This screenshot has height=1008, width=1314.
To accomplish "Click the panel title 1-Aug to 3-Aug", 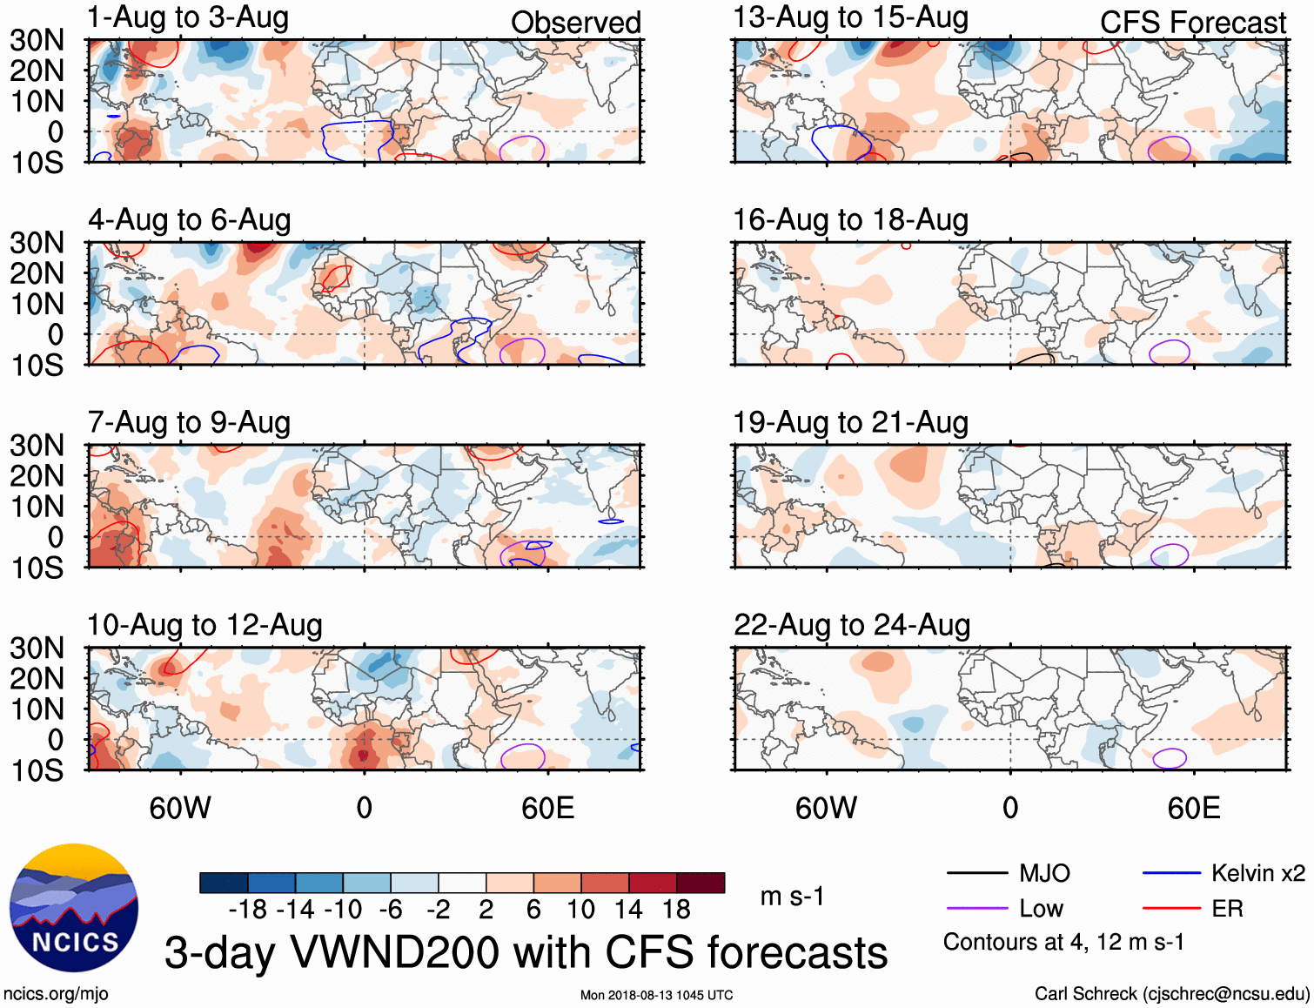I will pyautogui.click(x=188, y=18).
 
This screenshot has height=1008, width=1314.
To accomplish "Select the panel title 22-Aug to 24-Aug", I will pyautogui.click(x=851, y=625).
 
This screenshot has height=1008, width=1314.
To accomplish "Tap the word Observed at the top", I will pyautogui.click(x=575, y=23).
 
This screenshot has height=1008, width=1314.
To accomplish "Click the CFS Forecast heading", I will pyautogui.click(x=1192, y=23).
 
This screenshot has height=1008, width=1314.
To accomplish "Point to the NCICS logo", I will pyautogui.click(x=74, y=908).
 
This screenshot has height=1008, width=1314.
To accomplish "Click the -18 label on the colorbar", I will pyautogui.click(x=248, y=910).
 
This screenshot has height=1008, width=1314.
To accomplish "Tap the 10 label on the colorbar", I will pyautogui.click(x=580, y=910).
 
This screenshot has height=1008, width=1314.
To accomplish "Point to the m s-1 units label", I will pyautogui.click(x=792, y=897).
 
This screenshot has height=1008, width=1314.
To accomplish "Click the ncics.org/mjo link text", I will pyautogui.click(x=56, y=994).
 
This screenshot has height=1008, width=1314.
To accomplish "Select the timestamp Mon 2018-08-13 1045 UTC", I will pyautogui.click(x=656, y=995).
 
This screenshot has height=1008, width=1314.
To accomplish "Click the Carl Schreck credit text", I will pyautogui.click(x=1171, y=994).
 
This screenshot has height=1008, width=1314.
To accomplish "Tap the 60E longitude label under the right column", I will pyautogui.click(x=1193, y=808).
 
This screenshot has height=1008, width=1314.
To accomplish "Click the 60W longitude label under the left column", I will pyautogui.click(x=180, y=808).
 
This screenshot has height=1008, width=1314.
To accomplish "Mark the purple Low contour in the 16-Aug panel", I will pyautogui.click(x=1170, y=352).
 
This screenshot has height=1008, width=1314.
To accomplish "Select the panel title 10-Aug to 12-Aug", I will pyautogui.click(x=204, y=625).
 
